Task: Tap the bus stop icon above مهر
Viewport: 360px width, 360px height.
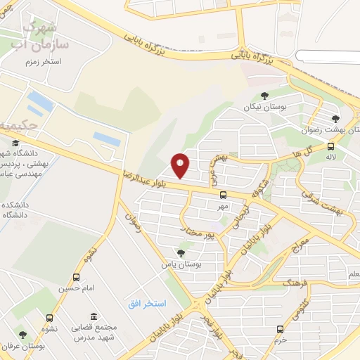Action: click(223, 195)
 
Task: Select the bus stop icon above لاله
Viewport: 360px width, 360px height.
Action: click(330, 146)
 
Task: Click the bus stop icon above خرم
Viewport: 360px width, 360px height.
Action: click(280, 329)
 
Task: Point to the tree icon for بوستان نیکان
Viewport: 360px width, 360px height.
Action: click(264, 96)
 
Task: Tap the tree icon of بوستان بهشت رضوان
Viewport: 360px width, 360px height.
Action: click(335, 119)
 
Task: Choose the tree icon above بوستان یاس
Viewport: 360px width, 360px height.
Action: click(181, 253)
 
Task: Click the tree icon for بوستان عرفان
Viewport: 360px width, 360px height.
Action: click(23, 335)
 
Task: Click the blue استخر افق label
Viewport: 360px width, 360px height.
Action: click(147, 304)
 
